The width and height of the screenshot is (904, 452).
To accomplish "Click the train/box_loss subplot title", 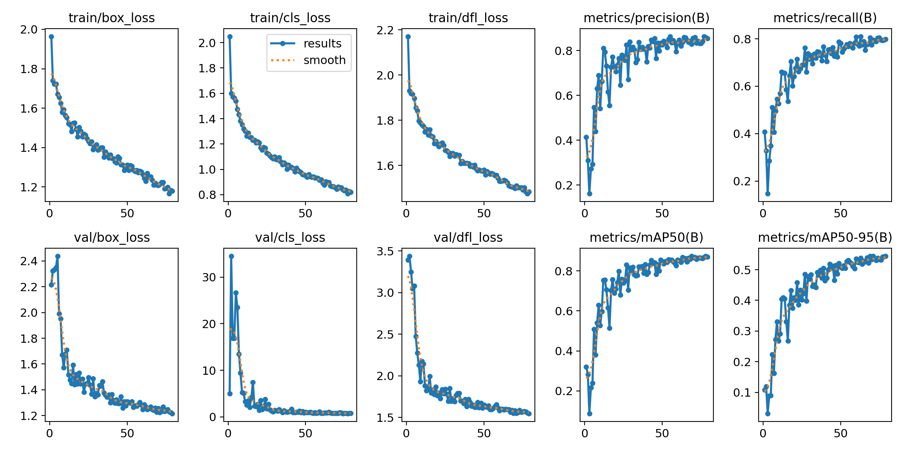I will (x=111, y=18).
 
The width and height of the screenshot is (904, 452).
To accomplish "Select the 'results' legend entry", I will (x=322, y=43).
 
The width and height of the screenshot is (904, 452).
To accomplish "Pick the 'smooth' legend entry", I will (x=324, y=60).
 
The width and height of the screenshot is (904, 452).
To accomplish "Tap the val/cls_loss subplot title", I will (x=290, y=237).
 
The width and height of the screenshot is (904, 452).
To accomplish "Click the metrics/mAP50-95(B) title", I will (x=825, y=237).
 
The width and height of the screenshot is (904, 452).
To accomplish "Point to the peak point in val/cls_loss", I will (x=231, y=256).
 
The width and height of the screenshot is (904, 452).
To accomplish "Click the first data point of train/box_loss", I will (x=51, y=37).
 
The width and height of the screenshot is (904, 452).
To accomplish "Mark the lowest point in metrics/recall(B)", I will (x=768, y=194).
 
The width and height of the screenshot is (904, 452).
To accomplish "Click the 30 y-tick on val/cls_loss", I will (x=209, y=278).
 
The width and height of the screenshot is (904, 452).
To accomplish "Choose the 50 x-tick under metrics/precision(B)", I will (x=662, y=214).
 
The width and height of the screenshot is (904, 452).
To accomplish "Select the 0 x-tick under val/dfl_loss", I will (x=406, y=433).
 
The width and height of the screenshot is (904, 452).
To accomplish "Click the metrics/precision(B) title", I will (x=646, y=18).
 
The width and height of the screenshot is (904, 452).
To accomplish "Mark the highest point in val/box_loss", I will (x=58, y=256).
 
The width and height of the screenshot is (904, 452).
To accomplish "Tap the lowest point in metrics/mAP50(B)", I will (x=589, y=414).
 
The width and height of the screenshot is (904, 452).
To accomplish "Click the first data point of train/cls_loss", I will (x=230, y=37).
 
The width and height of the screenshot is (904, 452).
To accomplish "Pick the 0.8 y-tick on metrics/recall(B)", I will (x=741, y=39).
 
